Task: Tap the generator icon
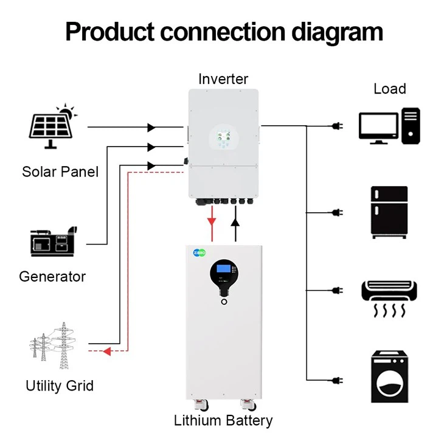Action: pyautogui.click(x=54, y=243)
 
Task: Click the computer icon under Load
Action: pyautogui.click(x=389, y=125)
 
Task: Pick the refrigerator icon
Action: pyautogui.click(x=389, y=212)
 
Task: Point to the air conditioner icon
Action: pyautogui.click(x=389, y=299)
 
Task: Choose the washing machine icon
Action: pyautogui.click(x=389, y=377)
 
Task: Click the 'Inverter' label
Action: pyautogui.click(x=223, y=78)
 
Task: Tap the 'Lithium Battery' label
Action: pyautogui.click(x=223, y=420)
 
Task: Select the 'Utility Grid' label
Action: pyautogui.click(x=60, y=386)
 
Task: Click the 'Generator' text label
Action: pyautogui.click(x=52, y=277)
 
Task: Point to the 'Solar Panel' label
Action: pyautogui.click(x=60, y=172)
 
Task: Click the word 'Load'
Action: pyautogui.click(x=389, y=89)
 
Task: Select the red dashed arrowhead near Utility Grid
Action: pyautogui.click(x=106, y=351)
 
